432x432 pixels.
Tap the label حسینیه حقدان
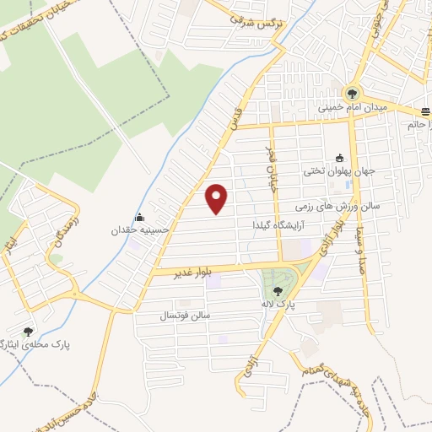pos(142,229)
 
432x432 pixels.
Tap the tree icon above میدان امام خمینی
pos(352,94)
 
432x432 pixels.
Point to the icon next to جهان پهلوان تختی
pos(340,157)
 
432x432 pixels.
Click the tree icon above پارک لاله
pos(279,290)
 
